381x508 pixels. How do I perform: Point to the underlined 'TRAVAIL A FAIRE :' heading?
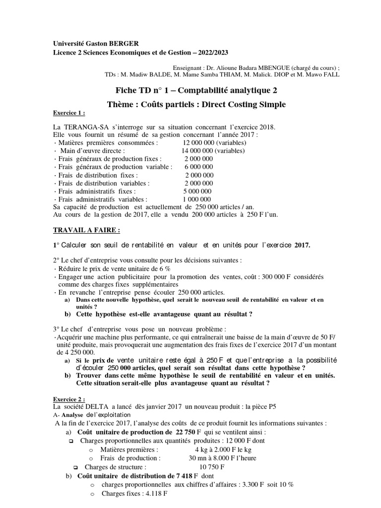86,231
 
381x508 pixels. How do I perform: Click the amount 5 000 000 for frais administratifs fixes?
197,191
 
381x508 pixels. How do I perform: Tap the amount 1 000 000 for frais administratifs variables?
197,199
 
